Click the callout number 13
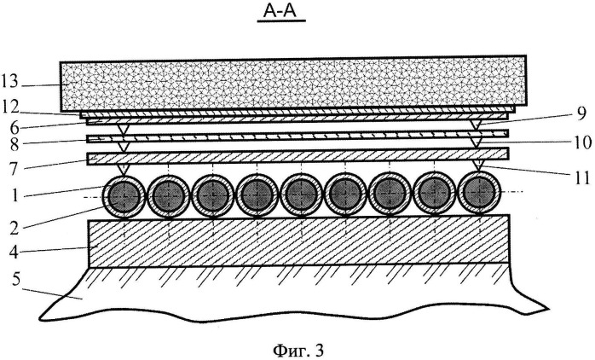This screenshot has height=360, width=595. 9,82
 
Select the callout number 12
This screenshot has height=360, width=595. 10,107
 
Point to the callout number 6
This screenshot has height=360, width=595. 14,127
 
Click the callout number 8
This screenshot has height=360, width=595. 14,146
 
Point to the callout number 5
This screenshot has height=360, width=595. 16,281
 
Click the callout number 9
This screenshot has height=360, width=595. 581,114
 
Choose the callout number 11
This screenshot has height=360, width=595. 582,177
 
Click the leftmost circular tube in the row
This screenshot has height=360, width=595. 124,196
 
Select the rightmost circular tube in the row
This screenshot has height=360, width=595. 479,193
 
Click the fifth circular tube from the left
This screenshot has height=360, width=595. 301,195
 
